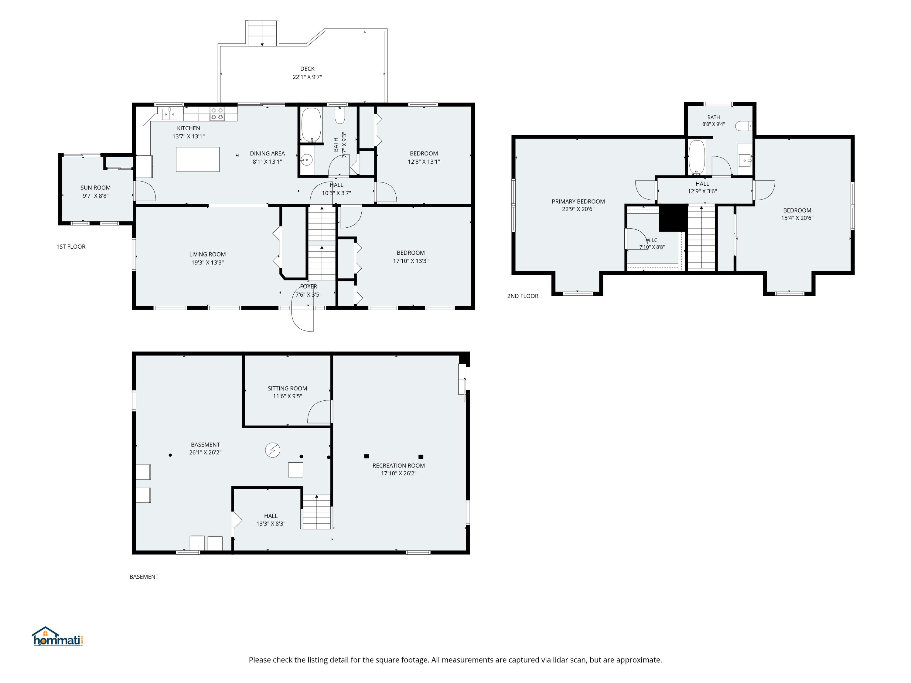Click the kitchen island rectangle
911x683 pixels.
tap(198, 159)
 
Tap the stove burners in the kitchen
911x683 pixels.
tap(217, 114)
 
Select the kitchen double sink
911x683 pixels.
tap(169, 114)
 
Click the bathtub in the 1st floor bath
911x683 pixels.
tap(311, 125)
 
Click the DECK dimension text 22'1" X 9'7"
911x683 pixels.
tap(307, 77)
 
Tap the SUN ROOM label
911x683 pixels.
tap(96, 188)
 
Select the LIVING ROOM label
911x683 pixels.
tap(208, 254)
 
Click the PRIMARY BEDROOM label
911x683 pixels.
tap(578, 201)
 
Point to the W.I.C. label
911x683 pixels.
tap(652, 240)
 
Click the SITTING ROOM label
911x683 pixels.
tap(288, 388)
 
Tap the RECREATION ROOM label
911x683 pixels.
tap(399, 466)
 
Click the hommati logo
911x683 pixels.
tap(58, 637)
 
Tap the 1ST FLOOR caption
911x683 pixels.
tap(71, 246)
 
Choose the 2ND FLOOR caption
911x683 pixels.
tap(523, 296)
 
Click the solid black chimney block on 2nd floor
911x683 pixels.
tap(673, 218)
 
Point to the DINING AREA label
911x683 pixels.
tap(267, 154)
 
